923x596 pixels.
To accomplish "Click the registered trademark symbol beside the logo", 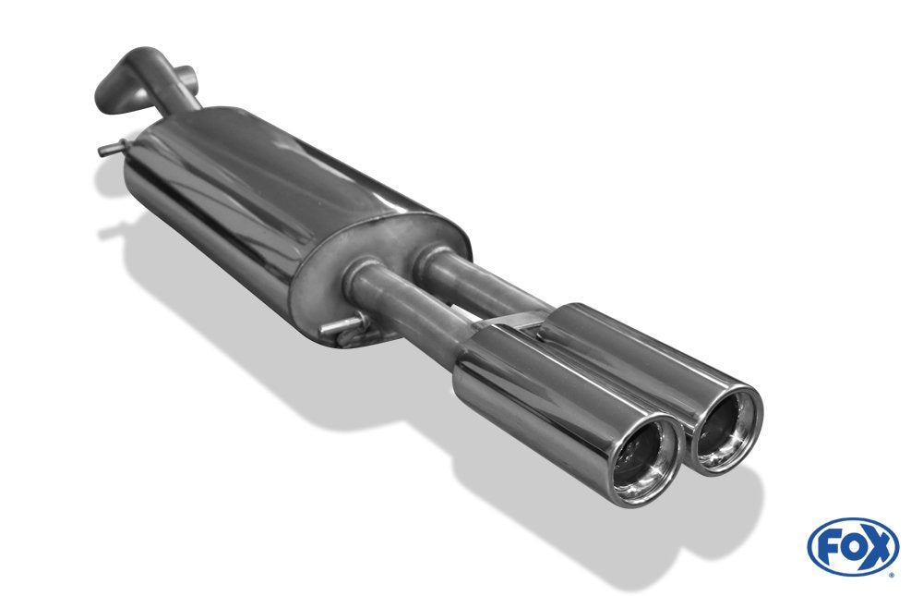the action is pos(893,575).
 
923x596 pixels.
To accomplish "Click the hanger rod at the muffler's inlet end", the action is pos(114,148).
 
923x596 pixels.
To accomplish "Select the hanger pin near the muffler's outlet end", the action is pos(342,326).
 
